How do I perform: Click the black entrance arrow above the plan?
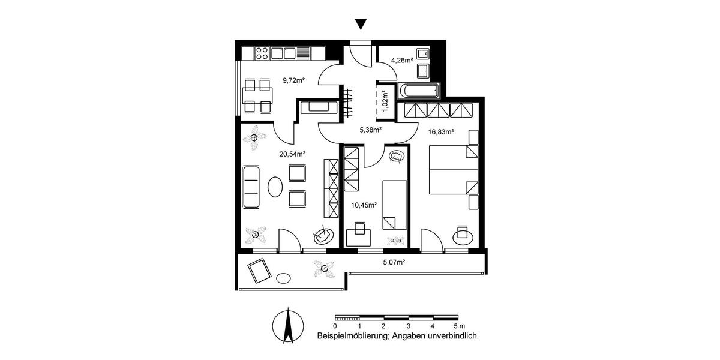tap(360, 24)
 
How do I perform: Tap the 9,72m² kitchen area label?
tap(294, 79)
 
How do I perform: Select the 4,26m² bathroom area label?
tap(402, 60)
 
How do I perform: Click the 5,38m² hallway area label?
tap(371, 129)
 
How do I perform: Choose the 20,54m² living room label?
tap(292, 154)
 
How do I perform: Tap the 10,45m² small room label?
tap(364, 205)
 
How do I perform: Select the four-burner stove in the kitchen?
tap(262, 53)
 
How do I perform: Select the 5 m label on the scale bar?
tap(459, 326)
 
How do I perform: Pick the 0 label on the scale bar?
tap(335, 326)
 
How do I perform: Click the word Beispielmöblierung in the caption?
tap(350, 337)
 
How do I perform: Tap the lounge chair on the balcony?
tap(260, 271)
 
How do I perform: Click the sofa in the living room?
tap(251, 187)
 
